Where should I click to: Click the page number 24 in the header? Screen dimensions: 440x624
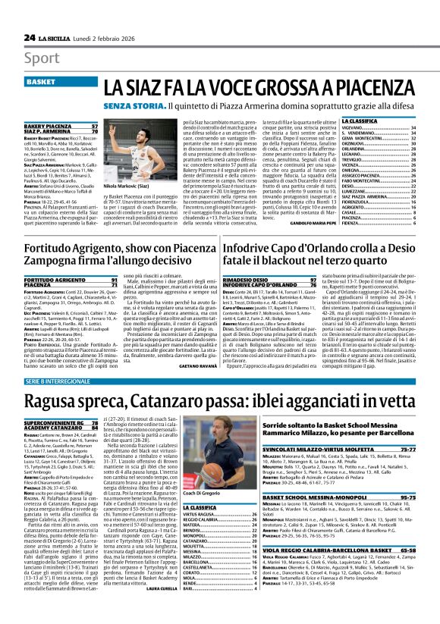tap(30, 37)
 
